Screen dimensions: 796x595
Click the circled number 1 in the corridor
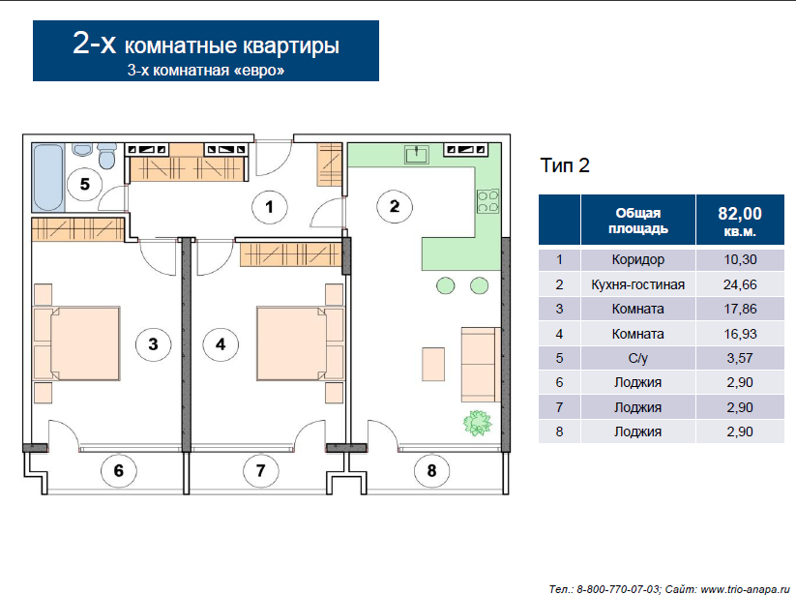tap(270, 207)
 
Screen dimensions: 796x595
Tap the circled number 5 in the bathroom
tap(85, 183)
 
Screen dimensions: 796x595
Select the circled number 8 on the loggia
tap(431, 470)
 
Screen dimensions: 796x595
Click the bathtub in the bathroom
tap(48, 178)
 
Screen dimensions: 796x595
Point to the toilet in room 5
tap(106, 157)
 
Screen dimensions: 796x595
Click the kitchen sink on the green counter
tap(417, 154)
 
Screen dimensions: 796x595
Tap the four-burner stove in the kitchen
tap(487, 201)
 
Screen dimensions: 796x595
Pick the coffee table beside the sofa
tap(433, 364)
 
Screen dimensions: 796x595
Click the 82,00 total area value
tap(740, 221)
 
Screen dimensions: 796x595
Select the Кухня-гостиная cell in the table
tap(637, 284)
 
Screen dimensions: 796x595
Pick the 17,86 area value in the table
tap(740, 309)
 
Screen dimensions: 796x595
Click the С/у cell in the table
tap(637, 358)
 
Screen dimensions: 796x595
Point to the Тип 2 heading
tap(565, 165)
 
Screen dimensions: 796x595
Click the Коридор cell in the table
tap(637, 259)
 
